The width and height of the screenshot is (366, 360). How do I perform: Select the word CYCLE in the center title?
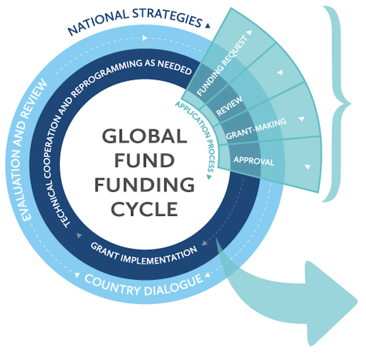[x=145, y=209]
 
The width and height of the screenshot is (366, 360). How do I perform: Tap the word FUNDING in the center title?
[x=145, y=185]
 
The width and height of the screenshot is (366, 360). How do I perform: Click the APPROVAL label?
[x=254, y=160]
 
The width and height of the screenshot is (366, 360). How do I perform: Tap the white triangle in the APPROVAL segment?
[x=308, y=167]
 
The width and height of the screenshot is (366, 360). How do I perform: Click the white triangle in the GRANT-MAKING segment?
[x=301, y=120]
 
